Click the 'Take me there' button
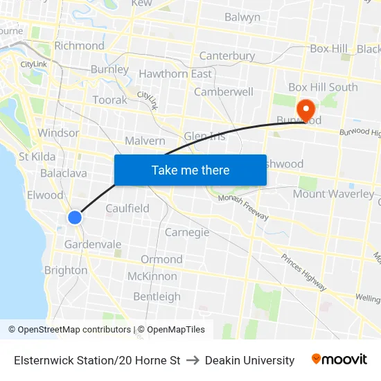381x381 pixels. [x=190, y=170]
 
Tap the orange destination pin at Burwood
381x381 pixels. [x=305, y=109]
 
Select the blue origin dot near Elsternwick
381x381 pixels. [x=75, y=218]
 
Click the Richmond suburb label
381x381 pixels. [x=79, y=46]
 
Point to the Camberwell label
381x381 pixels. [x=224, y=91]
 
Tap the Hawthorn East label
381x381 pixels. [x=175, y=73]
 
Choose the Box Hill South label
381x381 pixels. [x=323, y=87]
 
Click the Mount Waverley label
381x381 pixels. [x=333, y=194]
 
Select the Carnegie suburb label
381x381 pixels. [x=187, y=232]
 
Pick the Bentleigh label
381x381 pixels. [x=157, y=296]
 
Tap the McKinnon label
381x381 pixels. [x=152, y=276]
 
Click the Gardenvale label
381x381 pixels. [x=93, y=245]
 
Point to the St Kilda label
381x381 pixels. [x=37, y=156]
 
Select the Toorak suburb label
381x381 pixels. [x=109, y=100]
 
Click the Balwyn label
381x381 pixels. [x=242, y=17]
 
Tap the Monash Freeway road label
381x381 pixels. [x=243, y=206]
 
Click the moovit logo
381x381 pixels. [x=339, y=360]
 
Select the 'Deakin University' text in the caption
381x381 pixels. [x=249, y=360]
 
